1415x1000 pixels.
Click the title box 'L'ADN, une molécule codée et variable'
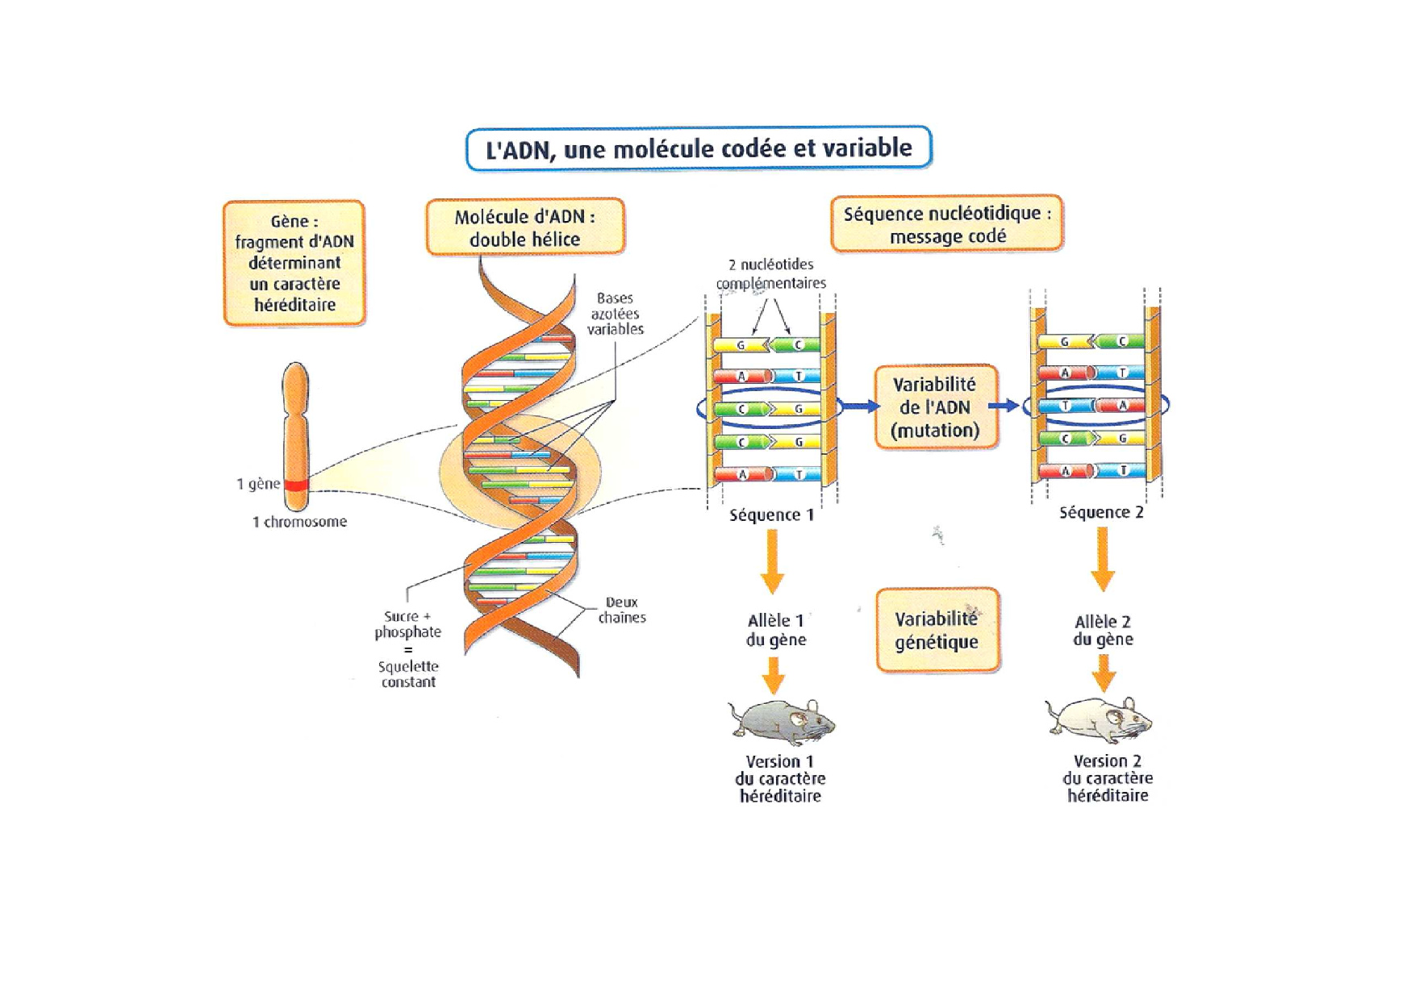[699, 148]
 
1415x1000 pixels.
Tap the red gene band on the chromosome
[296, 485]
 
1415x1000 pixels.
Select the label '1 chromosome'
[299, 522]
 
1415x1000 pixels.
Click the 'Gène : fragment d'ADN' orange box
[294, 263]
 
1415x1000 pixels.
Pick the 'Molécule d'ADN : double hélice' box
[525, 227]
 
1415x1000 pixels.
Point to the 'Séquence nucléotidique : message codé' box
[947, 224]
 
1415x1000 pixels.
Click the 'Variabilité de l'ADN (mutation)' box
[936, 407]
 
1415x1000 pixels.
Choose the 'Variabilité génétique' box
[937, 630]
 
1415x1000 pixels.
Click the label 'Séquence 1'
[772, 515]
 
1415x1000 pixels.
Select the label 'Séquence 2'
[1101, 512]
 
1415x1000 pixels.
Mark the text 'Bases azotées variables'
[615, 314]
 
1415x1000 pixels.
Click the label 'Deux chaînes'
[622, 610]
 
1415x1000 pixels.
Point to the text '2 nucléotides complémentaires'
[771, 274]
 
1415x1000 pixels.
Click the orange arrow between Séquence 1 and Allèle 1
[772, 562]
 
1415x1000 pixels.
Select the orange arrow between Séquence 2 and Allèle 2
[1102, 560]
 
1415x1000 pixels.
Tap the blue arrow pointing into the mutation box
[861, 406]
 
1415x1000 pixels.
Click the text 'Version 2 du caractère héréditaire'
[1108, 778]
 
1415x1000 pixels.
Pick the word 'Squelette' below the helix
[408, 666]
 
